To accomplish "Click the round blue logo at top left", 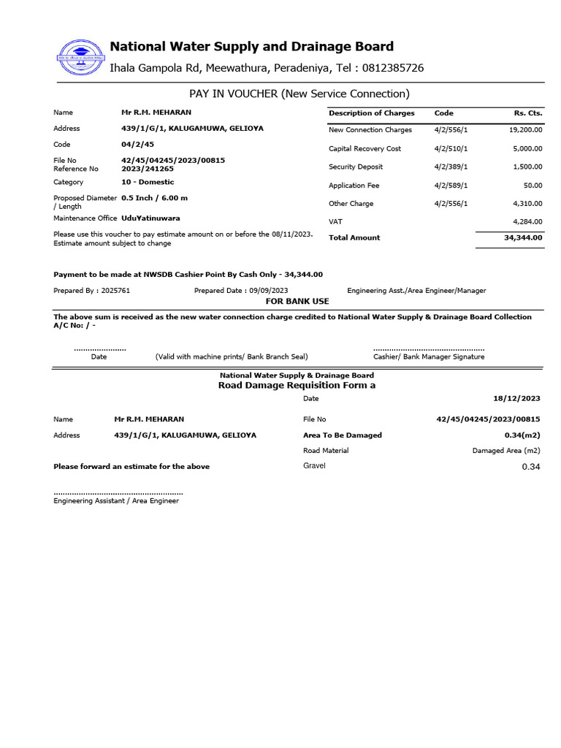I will coord(78,56).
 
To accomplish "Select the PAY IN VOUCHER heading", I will coord(299,93).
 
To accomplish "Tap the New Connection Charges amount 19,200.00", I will coord(526,130).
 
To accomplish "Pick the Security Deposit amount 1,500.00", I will coord(528,167).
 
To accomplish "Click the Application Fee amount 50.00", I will coord(533,186).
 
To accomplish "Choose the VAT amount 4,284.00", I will coord(527,221).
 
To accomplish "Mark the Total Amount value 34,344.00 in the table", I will coord(524,237).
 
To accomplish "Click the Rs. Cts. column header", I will coord(528,113).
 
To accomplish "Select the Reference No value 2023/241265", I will coord(148,169).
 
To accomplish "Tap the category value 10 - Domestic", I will coord(148,182).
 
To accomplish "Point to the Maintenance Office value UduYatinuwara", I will coord(150,218).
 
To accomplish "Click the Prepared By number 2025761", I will coord(116,291).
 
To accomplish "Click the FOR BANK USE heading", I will coord(297,301).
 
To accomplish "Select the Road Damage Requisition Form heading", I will coord(297,385).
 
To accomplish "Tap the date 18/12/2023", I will coord(516,398).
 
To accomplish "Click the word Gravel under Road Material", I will coord(314,466).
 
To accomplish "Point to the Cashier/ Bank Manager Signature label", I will coord(428,356).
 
